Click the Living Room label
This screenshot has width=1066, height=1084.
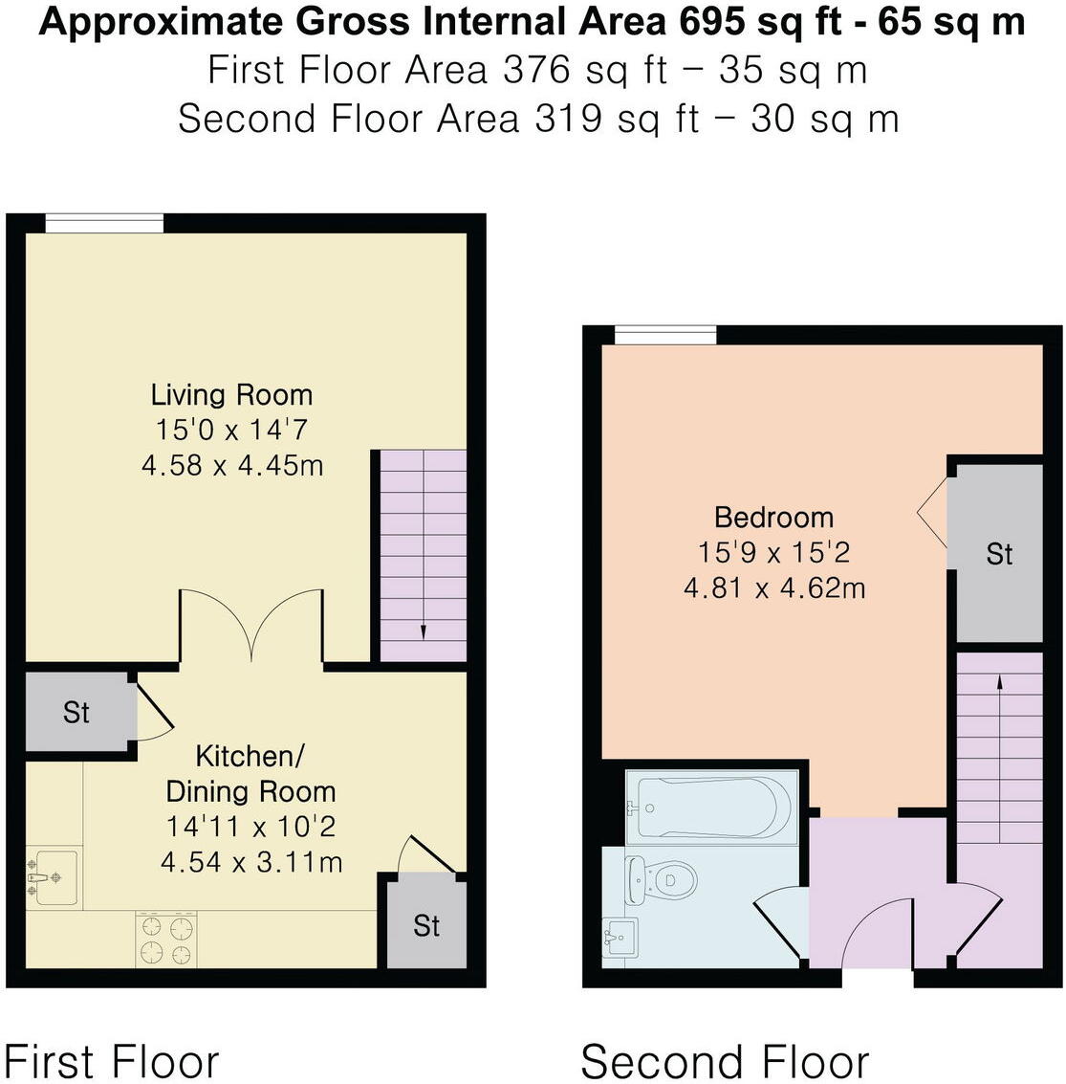pos(231,394)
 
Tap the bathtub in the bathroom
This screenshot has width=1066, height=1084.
pos(712,806)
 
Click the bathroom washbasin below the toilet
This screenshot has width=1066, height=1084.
pos(620,935)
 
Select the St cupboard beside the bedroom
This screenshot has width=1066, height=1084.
pos(999,553)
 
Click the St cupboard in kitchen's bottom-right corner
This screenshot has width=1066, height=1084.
pos(426,924)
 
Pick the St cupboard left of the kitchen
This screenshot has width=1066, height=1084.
pos(76,712)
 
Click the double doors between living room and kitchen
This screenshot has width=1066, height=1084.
pos(251,627)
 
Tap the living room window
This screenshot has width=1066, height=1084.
pos(104,223)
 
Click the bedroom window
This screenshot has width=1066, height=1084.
pos(665,335)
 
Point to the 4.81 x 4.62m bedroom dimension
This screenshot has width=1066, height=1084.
pos(774,587)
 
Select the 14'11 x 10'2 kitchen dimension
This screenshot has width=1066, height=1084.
pos(251,826)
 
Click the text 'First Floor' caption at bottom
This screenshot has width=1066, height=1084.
pos(112,1061)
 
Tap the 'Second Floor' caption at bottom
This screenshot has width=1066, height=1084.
pos(725,1061)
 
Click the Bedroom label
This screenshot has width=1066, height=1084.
pos(774,518)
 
